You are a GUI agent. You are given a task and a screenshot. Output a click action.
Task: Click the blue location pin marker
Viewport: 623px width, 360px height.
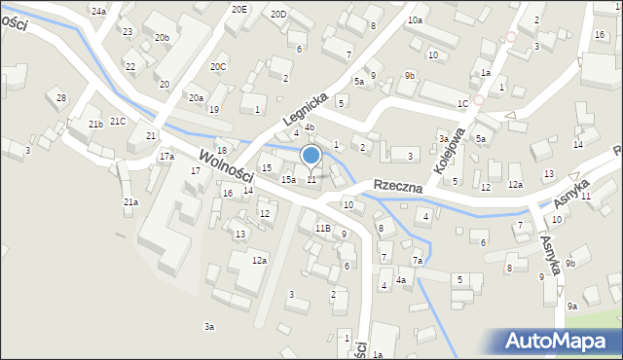point(311,156)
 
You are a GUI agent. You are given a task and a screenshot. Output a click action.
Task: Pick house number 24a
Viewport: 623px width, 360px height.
point(98,11)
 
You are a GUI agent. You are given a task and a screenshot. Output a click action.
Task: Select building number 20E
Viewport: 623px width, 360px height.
point(239,9)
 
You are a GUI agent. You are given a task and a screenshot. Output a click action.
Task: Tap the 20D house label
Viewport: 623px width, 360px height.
point(278,14)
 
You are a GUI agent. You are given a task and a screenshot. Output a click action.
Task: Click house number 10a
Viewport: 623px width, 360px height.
point(415,19)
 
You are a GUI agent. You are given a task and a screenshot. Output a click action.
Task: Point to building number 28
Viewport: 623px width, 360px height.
point(61,98)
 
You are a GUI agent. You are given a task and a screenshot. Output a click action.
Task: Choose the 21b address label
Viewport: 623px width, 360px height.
point(95,125)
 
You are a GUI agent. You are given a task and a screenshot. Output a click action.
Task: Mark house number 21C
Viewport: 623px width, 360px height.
point(118,121)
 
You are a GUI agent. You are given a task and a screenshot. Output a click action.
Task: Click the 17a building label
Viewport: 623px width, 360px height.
point(167,156)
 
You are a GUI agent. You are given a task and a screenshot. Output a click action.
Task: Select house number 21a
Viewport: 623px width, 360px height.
point(130,201)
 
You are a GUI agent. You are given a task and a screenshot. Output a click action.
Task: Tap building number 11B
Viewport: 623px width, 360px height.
point(322,228)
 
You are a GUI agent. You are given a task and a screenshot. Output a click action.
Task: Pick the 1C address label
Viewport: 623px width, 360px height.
point(464,102)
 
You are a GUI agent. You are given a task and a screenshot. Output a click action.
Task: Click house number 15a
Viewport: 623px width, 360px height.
point(288,180)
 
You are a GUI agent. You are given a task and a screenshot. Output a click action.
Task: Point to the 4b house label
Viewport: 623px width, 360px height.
point(309,126)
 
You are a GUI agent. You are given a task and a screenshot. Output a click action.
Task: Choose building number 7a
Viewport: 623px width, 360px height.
point(417,261)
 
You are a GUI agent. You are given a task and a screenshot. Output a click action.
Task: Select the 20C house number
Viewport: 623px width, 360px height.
point(218,67)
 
